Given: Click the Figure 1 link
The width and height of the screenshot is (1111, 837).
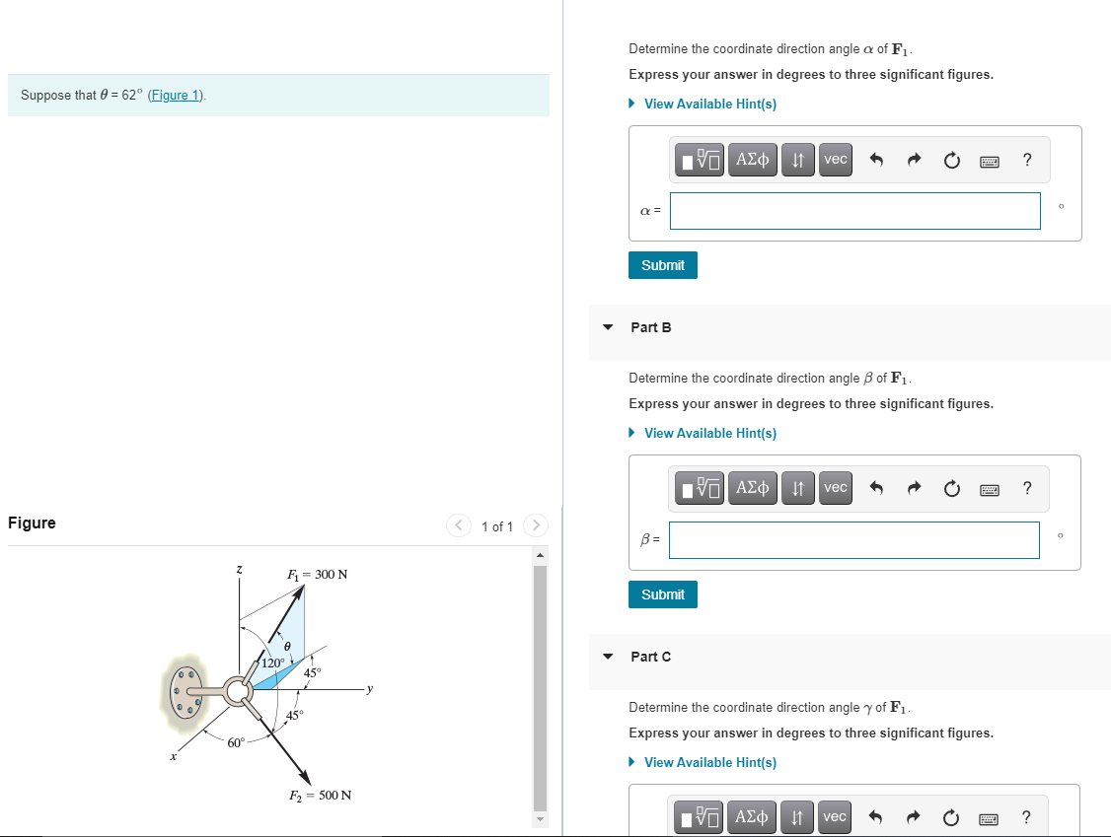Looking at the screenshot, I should tap(176, 96).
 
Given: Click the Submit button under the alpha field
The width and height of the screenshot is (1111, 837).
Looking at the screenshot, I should tap(662, 265).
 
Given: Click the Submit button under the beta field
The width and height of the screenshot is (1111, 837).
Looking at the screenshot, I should tap(662, 594).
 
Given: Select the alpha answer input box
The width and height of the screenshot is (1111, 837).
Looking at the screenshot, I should tap(854, 210).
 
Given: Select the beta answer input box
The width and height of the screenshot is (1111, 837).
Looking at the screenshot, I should tap(854, 539).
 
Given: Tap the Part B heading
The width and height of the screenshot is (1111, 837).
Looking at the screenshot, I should tap(650, 327).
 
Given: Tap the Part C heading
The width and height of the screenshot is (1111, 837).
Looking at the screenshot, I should tap(650, 657).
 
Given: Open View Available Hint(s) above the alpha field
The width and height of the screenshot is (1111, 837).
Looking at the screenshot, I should tap(709, 104).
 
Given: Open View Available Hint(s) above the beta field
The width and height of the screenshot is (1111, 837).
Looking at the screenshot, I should tap(709, 433).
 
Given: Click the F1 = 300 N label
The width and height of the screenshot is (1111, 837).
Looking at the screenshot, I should tap(317, 574).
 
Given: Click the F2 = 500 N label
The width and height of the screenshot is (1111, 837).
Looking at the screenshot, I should tap(320, 796).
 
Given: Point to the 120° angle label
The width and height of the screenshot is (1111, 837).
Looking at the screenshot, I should tap(272, 663).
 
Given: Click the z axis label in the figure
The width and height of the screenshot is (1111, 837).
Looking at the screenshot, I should tap(238, 571).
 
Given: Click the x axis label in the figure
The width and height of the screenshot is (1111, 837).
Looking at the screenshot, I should tap(171, 757).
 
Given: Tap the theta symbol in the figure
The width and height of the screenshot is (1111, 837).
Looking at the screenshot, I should tap(286, 645).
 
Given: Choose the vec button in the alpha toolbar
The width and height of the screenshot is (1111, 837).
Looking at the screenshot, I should tap(835, 159).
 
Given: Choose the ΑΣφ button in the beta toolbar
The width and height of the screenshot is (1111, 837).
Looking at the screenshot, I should tap(753, 488).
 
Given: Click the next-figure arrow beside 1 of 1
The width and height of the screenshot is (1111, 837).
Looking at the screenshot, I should tap(536, 526).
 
